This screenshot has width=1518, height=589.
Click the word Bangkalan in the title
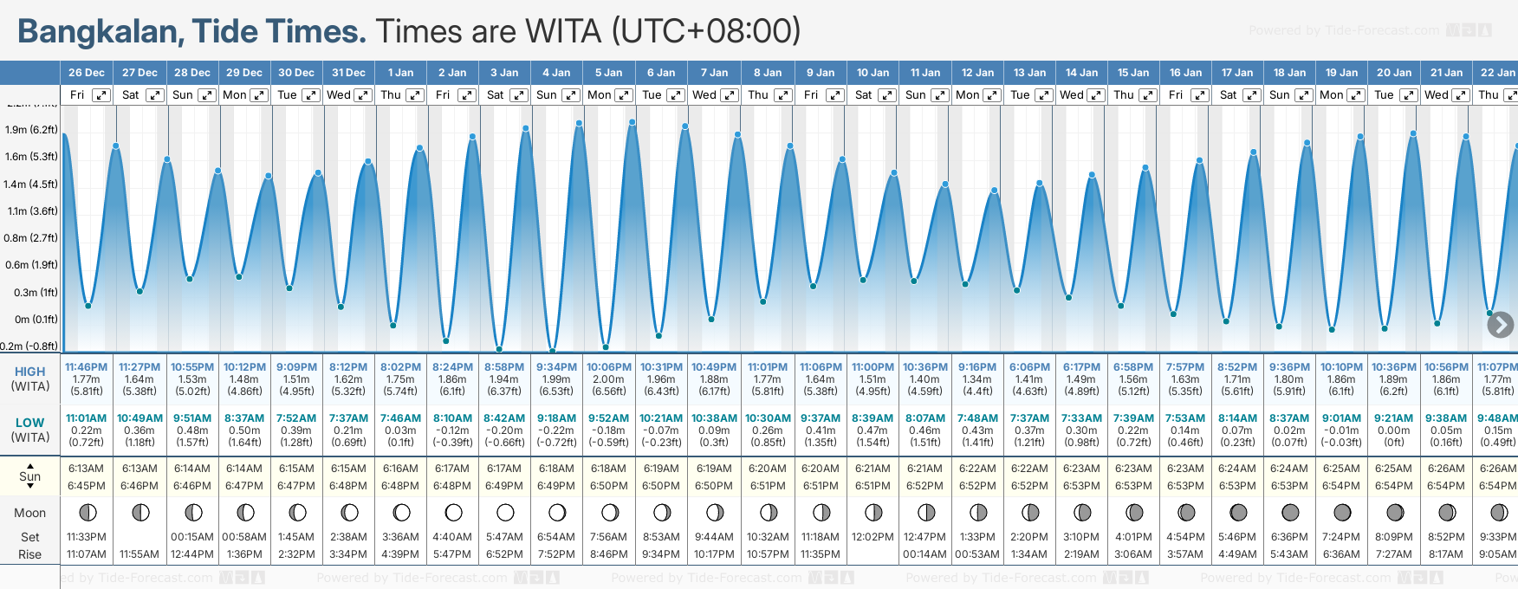point(97,32)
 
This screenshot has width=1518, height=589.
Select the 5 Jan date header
point(608,73)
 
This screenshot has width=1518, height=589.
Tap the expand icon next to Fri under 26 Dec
point(101,95)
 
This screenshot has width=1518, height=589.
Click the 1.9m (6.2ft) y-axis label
point(31,130)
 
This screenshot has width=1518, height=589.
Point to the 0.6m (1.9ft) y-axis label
point(31,265)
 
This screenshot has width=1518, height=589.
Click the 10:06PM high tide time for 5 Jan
point(608,367)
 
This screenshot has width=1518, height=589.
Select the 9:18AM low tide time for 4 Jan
point(556,418)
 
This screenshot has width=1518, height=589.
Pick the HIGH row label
point(29,372)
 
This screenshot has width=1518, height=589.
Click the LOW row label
point(29,423)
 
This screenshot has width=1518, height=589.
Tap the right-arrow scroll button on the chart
point(1500,325)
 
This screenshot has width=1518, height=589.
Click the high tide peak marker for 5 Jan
point(632,122)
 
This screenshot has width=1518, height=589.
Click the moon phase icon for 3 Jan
point(505,513)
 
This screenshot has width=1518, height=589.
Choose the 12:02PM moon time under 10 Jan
point(873,537)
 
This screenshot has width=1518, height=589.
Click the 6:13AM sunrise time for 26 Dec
point(87,469)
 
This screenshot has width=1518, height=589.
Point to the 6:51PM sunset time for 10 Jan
point(873,486)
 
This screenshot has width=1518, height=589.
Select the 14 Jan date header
point(1081,73)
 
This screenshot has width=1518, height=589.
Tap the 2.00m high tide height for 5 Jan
point(608,379)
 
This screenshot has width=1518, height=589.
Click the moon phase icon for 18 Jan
point(1290,513)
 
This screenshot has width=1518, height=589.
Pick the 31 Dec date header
point(348,73)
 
